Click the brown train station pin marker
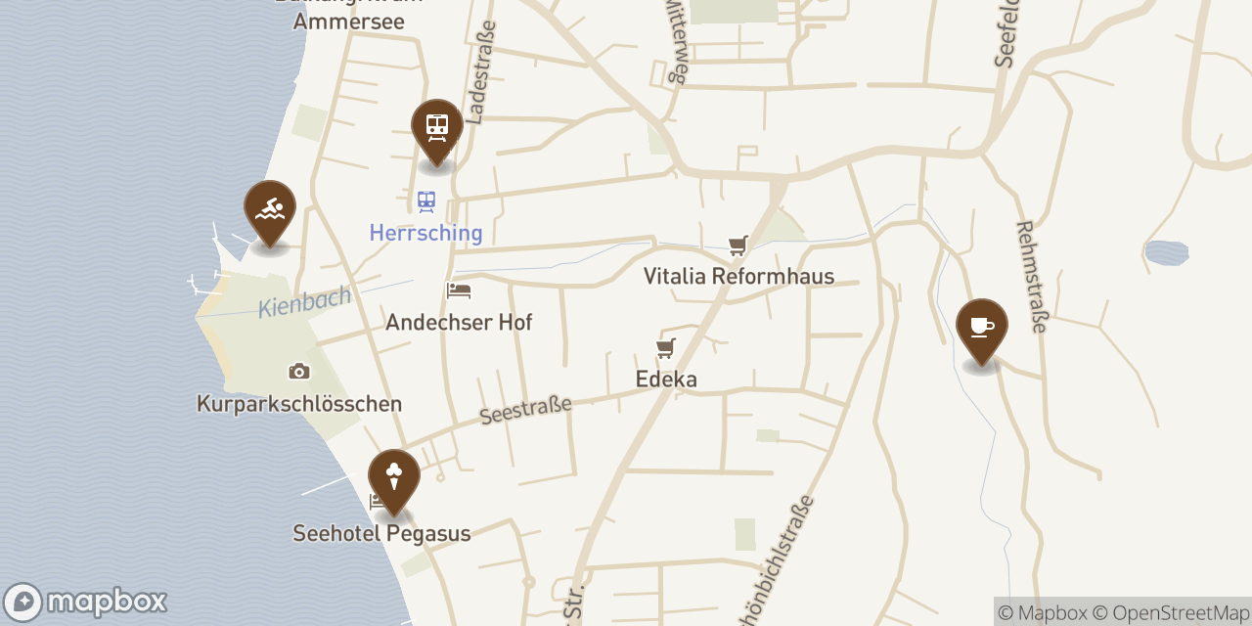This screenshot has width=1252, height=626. [x=437, y=127]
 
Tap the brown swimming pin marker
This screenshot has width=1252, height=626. [x=270, y=209]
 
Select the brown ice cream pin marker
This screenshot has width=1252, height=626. [x=394, y=477]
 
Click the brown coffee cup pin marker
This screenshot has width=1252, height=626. [x=982, y=327]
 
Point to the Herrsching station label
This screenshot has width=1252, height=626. [x=425, y=234]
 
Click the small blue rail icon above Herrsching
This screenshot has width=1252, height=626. [x=425, y=201]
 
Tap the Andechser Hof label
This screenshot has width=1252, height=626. [x=459, y=322]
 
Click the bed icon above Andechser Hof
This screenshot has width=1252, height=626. [x=459, y=291]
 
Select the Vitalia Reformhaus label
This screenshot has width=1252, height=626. [x=738, y=276]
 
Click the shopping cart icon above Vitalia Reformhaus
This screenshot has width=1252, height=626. [x=738, y=245]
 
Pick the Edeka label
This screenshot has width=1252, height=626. [x=666, y=379]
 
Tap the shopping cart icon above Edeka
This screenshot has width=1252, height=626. [x=666, y=347]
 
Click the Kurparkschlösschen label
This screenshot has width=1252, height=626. [x=299, y=403]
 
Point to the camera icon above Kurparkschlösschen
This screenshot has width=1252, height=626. [x=299, y=372]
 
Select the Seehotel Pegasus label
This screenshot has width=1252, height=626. [x=381, y=533]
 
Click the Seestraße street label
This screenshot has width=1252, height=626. [x=525, y=409]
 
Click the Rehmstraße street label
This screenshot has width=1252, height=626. [x=1031, y=276]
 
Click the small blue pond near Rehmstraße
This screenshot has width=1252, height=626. [x=1166, y=253]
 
